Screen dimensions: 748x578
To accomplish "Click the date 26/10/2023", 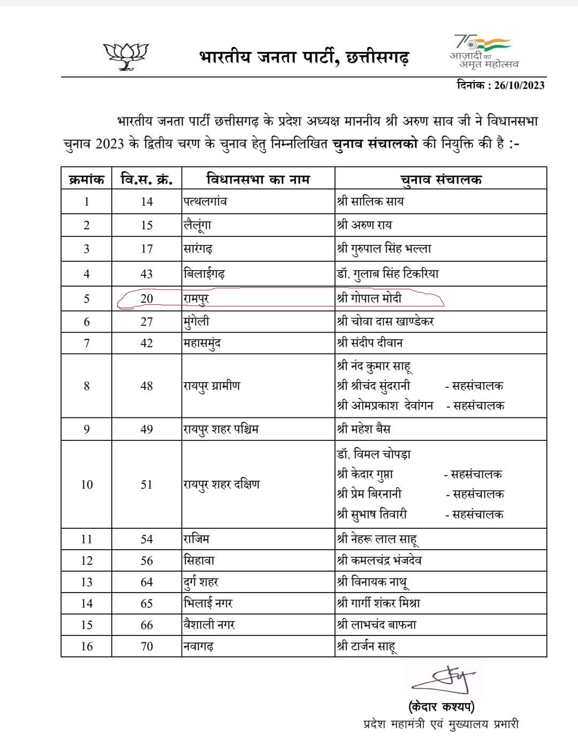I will [x=519, y=85].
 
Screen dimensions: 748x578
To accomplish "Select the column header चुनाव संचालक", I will [x=440, y=179].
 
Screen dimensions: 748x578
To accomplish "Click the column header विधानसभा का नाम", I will [x=257, y=179].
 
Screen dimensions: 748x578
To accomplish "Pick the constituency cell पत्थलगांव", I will [x=205, y=202].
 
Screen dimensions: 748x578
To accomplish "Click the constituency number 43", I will [x=147, y=274].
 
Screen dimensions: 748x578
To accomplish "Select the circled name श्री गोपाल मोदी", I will [x=369, y=298].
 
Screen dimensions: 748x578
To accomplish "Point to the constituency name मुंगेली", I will [x=196, y=321].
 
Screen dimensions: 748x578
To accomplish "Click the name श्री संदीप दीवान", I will [x=370, y=343].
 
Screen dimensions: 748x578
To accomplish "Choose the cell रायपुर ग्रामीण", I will [x=212, y=386].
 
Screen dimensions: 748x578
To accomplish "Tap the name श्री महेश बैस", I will [x=364, y=429].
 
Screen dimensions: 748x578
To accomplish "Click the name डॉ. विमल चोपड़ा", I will [x=374, y=454].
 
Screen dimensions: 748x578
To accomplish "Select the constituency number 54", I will [x=147, y=539].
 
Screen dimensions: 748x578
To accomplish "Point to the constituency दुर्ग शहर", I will [x=201, y=582].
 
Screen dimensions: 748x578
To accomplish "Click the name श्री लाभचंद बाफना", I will [x=377, y=625].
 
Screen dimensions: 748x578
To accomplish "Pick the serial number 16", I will [x=87, y=646].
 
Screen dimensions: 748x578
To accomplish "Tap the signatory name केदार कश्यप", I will [x=441, y=707].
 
